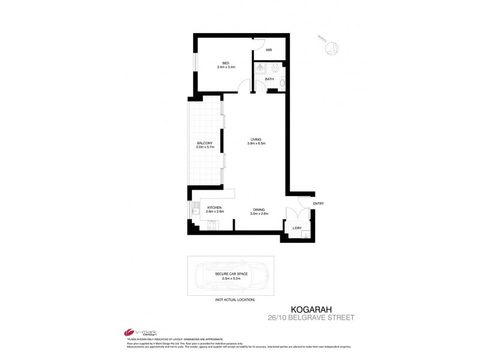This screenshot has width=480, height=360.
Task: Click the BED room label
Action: pos(226,63)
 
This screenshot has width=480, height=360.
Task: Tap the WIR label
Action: pos(269,50)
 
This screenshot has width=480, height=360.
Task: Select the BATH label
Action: pos(269,79)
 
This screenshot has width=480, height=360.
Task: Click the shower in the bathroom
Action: pos(260,69)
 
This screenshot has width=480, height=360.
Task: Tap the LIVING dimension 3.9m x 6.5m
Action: pos(256,143)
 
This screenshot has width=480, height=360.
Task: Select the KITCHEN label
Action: pos(215,208)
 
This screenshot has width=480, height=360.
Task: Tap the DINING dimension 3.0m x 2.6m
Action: pos(259,213)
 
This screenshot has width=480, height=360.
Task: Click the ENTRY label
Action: pos(318,204)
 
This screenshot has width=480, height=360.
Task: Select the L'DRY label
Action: pos(296,228)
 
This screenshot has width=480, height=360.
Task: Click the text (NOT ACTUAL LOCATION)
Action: pos(234,299)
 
